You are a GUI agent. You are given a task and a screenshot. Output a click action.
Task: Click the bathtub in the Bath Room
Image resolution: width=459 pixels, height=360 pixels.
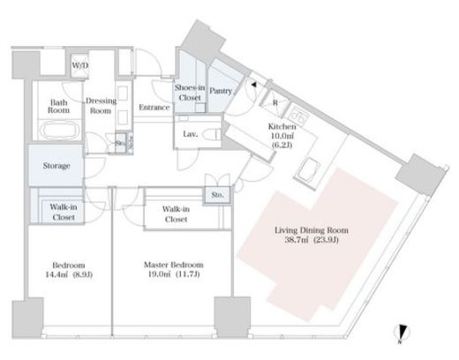[x=59, y=130]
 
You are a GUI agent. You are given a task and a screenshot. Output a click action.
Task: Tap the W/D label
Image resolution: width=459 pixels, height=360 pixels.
[x=80, y=65]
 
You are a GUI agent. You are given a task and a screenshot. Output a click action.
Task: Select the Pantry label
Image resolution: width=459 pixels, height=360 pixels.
[x=221, y=91]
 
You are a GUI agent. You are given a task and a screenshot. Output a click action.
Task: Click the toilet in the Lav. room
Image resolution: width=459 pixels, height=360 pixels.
[x=214, y=135]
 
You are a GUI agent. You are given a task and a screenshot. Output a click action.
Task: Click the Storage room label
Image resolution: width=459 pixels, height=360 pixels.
[x=56, y=166]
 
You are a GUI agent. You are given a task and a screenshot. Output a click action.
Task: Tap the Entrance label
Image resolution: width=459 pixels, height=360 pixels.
[x=154, y=108]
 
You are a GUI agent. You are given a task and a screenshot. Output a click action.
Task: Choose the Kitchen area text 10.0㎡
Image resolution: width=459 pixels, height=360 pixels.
[x=282, y=136]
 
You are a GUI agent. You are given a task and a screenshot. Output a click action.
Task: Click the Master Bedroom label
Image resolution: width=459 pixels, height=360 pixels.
[x=173, y=265]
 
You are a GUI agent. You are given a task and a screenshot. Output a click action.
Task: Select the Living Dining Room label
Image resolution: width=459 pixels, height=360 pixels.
[x=312, y=230]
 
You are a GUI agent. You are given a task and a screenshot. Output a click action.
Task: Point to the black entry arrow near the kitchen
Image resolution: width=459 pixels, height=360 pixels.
[x=253, y=85]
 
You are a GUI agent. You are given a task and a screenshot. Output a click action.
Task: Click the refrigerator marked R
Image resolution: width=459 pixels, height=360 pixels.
[x=275, y=102]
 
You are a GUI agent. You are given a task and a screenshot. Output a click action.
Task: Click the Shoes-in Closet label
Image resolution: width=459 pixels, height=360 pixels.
[x=190, y=93]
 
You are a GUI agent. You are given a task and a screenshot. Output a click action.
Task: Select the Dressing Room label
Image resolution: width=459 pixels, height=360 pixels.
[x=101, y=106]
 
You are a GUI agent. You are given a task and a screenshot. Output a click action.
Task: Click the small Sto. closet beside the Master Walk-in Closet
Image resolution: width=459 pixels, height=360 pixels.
[x=217, y=195]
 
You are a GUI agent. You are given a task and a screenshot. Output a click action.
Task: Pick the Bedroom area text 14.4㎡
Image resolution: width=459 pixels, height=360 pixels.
[x=56, y=274]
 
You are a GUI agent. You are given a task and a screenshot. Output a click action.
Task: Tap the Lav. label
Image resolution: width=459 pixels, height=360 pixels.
[x=190, y=134]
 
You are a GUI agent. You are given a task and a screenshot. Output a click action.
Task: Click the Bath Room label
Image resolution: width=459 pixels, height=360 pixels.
[x=59, y=106]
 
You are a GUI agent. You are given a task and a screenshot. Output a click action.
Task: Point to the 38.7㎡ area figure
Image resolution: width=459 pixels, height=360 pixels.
[x=297, y=240]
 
